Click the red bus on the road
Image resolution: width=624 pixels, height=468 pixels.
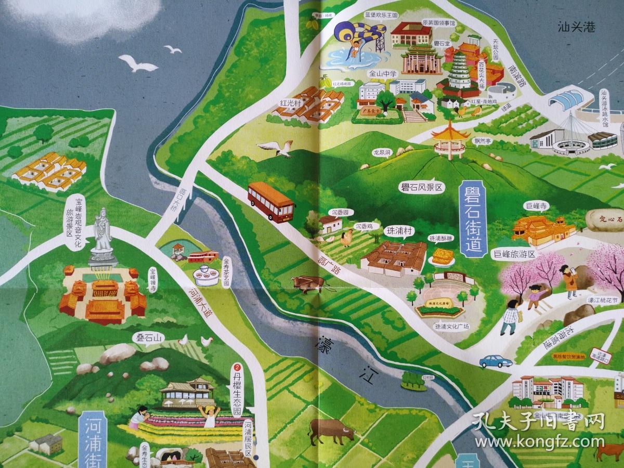[x=271, y=202]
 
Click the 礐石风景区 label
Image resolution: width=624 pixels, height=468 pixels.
[x=413, y=188]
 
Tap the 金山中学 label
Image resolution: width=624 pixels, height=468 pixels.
[x=383, y=74]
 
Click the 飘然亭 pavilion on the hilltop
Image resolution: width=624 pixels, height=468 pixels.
[x=448, y=138]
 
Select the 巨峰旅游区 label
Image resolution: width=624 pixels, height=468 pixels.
[x=513, y=254]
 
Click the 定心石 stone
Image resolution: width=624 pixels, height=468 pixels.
[x=604, y=219]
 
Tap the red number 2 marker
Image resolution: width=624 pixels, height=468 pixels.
[x=238, y=366]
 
